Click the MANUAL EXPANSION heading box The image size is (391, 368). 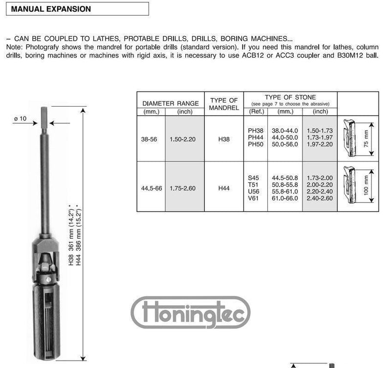[x=77, y=9]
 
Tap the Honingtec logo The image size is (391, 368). [x=191, y=312]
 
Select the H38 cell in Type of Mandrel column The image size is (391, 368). [x=224, y=139]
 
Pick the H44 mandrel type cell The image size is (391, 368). [x=224, y=188]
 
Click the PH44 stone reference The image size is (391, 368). [x=256, y=138]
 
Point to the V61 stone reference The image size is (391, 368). [x=253, y=198]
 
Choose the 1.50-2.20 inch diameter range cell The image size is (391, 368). [x=182, y=139]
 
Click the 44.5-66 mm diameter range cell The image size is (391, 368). [x=152, y=188]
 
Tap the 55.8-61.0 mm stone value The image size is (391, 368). [x=285, y=191]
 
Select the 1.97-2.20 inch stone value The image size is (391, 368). [x=320, y=144]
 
